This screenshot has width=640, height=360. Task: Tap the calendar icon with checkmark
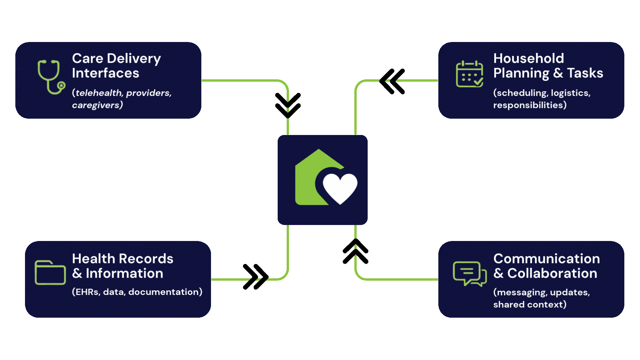(x=469, y=74)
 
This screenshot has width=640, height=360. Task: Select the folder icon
(x=50, y=273)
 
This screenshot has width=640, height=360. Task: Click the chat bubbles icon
(x=469, y=274)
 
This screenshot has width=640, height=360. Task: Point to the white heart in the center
(x=340, y=187)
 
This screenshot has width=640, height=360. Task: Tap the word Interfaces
(x=105, y=73)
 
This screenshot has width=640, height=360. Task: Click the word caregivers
(x=96, y=105)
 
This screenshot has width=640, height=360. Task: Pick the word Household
(x=528, y=59)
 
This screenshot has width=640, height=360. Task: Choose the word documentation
(x=163, y=292)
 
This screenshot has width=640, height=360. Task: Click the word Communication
(x=546, y=259)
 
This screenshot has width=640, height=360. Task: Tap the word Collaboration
(x=552, y=274)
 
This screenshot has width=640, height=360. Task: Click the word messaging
(x=522, y=292)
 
